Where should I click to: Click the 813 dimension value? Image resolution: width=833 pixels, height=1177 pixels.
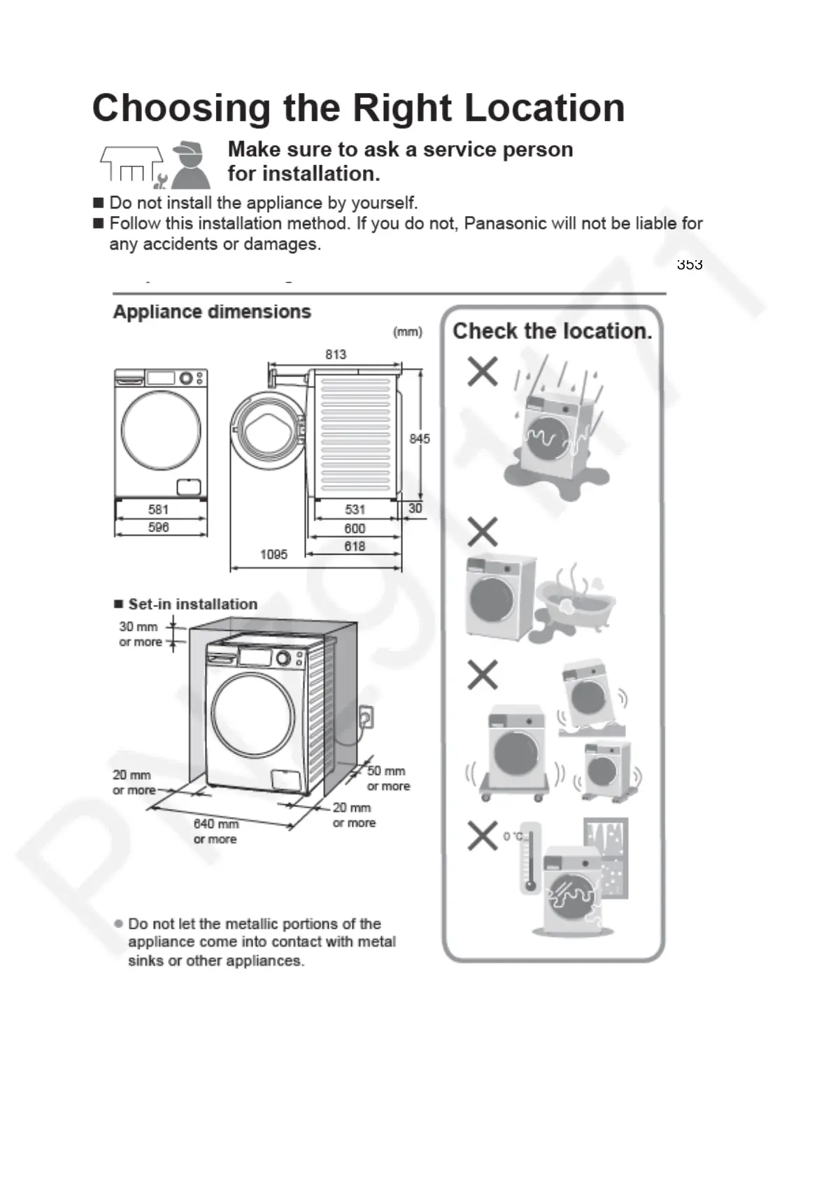pos(336,355)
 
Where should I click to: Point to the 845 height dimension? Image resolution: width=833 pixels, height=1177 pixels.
pos(419,438)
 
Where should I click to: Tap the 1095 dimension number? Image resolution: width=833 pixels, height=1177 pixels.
pos(273,555)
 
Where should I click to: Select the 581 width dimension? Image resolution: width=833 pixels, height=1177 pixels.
pos(159,509)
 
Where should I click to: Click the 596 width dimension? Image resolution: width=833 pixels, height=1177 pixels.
pos(159,527)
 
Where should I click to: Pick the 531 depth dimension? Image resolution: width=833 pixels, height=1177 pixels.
pos(355,509)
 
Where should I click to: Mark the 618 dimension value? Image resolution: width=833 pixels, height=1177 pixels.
pos(355,546)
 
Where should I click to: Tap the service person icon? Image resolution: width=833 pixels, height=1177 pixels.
pos(190,166)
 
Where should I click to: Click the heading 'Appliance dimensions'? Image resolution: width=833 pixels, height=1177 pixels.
pos(212,312)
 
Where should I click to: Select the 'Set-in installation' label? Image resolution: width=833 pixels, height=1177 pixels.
pos(192,604)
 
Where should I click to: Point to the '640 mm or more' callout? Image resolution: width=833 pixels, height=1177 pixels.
pos(215,832)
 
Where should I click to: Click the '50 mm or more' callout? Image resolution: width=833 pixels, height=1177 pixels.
pos(388,778)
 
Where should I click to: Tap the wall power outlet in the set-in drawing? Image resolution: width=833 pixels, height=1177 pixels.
pos(365,717)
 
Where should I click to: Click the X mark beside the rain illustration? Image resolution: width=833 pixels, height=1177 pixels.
pos(483,371)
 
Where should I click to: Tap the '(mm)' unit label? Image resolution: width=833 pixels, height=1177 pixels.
pos(408,332)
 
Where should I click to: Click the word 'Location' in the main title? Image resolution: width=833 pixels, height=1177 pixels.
pos(544,108)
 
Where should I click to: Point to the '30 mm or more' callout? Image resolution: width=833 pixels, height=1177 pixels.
pos(140,634)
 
